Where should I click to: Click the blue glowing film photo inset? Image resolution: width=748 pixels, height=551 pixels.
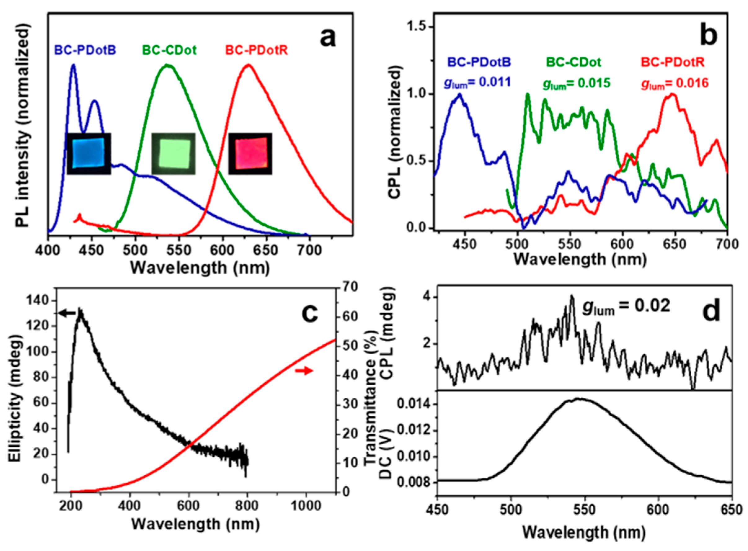pos(89,154)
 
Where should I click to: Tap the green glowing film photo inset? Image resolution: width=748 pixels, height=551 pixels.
pos(173,154)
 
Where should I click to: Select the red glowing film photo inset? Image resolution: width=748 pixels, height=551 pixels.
pos(250,154)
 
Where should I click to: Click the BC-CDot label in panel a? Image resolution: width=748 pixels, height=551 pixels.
pos(169,50)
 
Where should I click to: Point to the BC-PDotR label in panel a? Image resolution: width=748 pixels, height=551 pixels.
pos(257,50)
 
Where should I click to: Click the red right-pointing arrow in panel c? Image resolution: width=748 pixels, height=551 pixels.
pos(304,370)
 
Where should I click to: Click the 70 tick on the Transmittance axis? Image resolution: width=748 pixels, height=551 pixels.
pos(349,287)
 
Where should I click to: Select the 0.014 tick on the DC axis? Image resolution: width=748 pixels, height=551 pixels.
pos(413,405)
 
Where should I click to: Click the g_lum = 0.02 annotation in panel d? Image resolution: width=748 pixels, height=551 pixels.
pos(626,306)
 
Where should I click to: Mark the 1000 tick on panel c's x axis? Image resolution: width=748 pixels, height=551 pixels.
pos(306,506)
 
